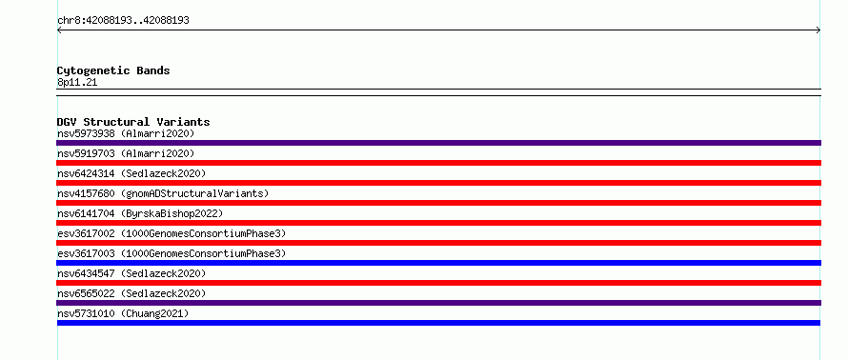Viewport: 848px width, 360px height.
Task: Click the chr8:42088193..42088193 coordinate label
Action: pyautogui.click(x=123, y=21)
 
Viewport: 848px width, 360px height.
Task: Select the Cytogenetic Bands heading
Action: pyautogui.click(x=113, y=70)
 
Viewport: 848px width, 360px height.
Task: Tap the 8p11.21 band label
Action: pyautogui.click(x=77, y=83)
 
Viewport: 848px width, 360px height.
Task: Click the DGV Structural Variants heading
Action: pyautogui.click(x=133, y=122)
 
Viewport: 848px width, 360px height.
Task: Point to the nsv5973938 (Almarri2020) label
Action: pyautogui.click(x=126, y=133)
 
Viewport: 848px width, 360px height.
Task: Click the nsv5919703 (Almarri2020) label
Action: pyautogui.click(x=126, y=153)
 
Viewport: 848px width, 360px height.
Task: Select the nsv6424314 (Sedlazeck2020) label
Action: pyautogui.click(x=131, y=173)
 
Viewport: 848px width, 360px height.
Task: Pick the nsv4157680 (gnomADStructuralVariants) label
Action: pyautogui.click(x=163, y=193)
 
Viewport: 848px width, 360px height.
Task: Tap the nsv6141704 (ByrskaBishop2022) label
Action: pyautogui.click(x=140, y=213)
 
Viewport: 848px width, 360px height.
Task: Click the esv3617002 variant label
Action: pyautogui.click(x=172, y=233)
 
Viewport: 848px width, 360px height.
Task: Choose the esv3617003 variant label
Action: pyautogui.click(x=172, y=253)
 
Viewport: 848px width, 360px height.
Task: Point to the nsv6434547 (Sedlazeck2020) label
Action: pyautogui.click(x=131, y=273)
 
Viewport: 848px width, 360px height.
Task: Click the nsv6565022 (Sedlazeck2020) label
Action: pyautogui.click(x=131, y=293)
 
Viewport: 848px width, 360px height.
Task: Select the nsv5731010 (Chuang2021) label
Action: pyautogui.click(x=123, y=313)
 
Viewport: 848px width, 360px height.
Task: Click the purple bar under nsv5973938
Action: pyautogui.click(x=438, y=143)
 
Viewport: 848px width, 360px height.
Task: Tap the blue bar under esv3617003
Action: pyautogui.click(x=438, y=263)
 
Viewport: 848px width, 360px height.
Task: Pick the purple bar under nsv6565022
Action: pyautogui.click(x=438, y=303)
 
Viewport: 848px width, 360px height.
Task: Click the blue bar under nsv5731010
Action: pyautogui.click(x=438, y=323)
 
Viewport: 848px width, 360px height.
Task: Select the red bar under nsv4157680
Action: pyautogui.click(x=438, y=203)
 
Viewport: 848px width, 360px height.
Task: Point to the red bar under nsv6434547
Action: pyautogui.click(x=438, y=283)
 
